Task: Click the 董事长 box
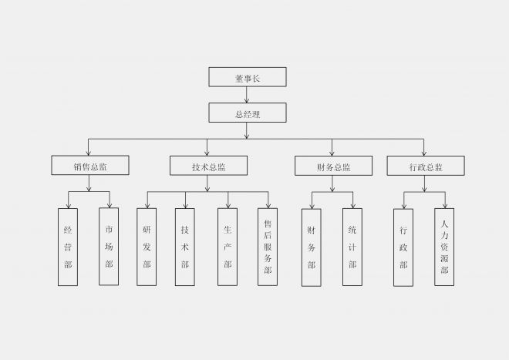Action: point(248,77)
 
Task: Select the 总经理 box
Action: point(248,113)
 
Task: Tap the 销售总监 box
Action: point(90,165)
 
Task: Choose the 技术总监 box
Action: point(208,166)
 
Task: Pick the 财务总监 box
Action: point(333,166)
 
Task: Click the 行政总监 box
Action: point(426,166)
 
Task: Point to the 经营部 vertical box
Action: point(68,247)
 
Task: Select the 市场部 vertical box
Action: point(109,247)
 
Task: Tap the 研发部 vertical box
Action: point(147,247)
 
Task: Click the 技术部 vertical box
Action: point(185,247)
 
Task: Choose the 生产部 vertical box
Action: point(228,247)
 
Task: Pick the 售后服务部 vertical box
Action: point(268,247)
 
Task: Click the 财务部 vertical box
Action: point(312,247)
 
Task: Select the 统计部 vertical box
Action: point(352,247)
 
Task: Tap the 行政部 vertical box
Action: point(403,247)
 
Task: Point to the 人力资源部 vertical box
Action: point(444,247)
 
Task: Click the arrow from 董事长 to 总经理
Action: point(247,95)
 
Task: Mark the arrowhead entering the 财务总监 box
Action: point(332,153)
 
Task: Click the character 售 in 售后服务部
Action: point(268,224)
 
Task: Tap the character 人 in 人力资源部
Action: point(444,224)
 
